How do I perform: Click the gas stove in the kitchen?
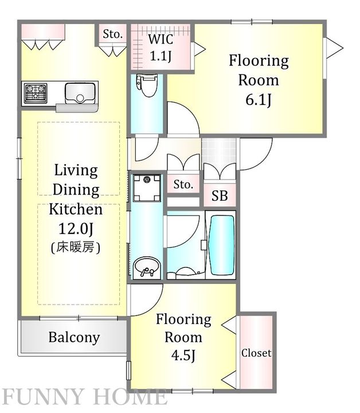(36, 93)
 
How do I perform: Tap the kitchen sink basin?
(80, 93)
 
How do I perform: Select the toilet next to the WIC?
(146, 85)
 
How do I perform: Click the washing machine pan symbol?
(147, 188)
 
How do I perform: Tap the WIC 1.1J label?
(161, 48)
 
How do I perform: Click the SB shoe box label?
(220, 196)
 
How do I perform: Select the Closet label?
(256, 353)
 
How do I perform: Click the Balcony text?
(74, 337)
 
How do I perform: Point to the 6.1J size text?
(258, 100)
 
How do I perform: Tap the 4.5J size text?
(183, 356)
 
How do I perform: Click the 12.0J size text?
(76, 228)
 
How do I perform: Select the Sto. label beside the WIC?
(112, 34)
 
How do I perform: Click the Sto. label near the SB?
(183, 184)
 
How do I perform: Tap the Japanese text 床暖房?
(75, 247)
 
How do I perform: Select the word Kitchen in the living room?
(76, 209)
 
